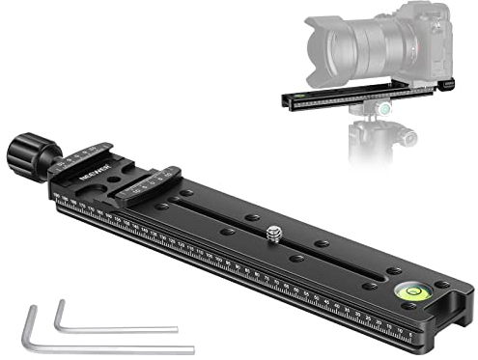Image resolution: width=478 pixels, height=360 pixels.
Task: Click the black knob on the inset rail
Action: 450,85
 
